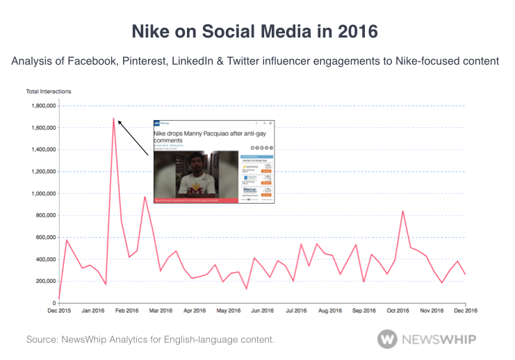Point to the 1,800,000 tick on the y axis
pyautogui.click(x=42, y=106)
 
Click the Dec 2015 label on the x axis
pyautogui.click(x=59, y=311)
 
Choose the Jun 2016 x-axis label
pyautogui.click(x=262, y=311)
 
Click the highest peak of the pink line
pyautogui.click(x=113, y=118)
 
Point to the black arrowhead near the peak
pyautogui.click(x=120, y=122)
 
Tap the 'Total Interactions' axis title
pyautogui.click(x=48, y=91)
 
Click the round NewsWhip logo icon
pyautogui.click(x=387, y=338)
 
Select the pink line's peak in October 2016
pyautogui.click(x=403, y=211)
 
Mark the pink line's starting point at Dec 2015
pyautogui.click(x=59, y=299)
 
